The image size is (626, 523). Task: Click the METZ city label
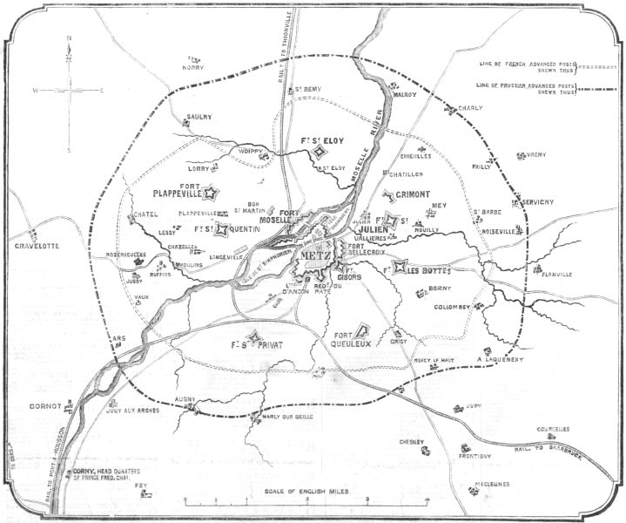coord(313,255)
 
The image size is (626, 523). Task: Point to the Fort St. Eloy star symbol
coord(320,153)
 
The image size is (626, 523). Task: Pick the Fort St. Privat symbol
coord(254,338)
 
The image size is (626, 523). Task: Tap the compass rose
coord(68,90)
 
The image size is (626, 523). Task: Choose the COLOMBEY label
coord(449,306)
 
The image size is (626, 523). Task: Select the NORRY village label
coord(193,66)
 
